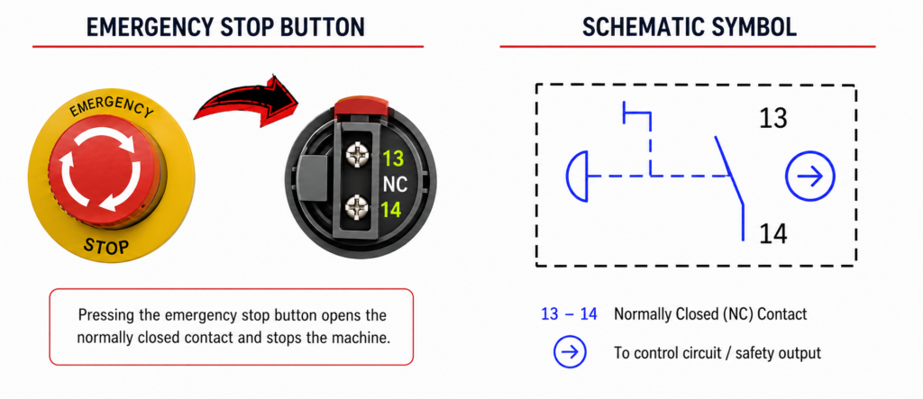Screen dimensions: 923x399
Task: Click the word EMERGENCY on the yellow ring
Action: click(111, 107)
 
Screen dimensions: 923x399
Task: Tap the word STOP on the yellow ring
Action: click(106, 244)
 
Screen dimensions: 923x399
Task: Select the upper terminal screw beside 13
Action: click(357, 156)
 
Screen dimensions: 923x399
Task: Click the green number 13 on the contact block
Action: click(392, 159)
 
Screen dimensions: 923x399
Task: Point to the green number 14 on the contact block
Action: click(391, 210)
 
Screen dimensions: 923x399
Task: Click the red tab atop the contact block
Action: click(361, 106)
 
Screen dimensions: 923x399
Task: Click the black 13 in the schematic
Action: click(772, 118)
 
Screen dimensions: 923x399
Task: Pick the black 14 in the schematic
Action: click(772, 234)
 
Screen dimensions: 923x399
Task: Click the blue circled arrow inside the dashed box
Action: click(810, 176)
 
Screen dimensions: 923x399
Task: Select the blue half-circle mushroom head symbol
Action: click(577, 176)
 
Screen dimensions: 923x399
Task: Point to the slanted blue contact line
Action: click(729, 170)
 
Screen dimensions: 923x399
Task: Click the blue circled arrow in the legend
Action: click(570, 352)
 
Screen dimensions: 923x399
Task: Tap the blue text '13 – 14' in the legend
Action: click(569, 314)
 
